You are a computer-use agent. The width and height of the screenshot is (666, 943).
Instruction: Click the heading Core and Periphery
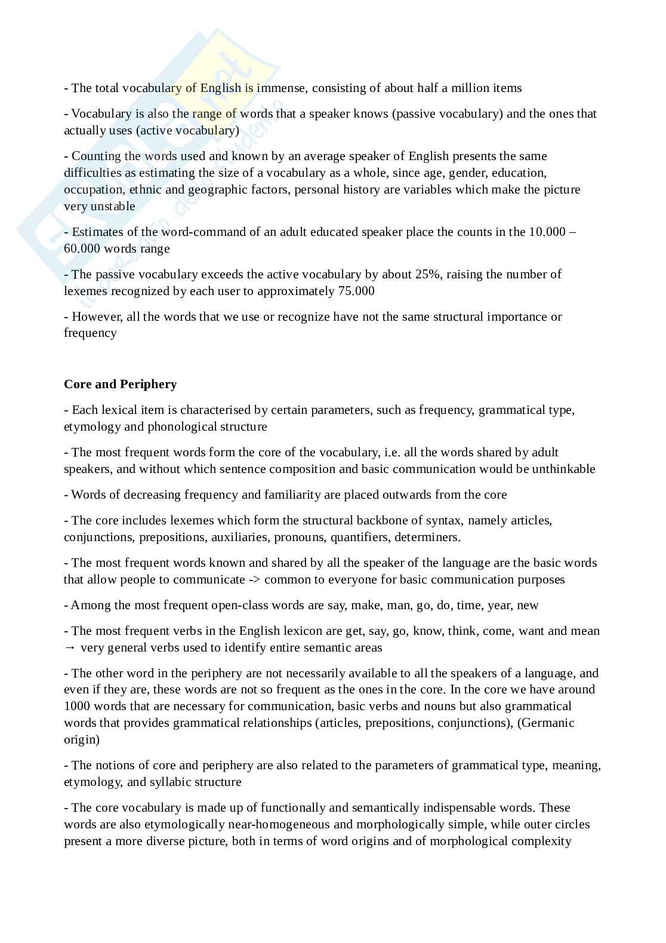click(x=120, y=384)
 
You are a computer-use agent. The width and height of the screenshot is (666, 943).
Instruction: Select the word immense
click(x=281, y=88)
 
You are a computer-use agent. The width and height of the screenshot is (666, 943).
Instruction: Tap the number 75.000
click(x=356, y=291)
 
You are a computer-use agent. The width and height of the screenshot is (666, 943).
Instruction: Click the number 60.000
click(x=82, y=248)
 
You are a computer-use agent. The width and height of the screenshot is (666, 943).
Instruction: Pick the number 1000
click(x=76, y=706)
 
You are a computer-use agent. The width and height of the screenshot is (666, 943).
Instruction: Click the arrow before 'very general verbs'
click(x=70, y=647)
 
